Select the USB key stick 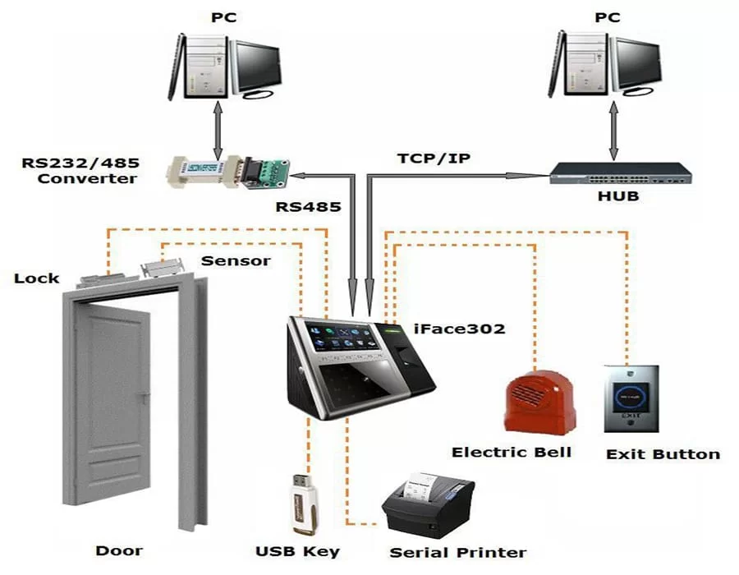[x=301, y=503]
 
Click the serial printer [x=427, y=505]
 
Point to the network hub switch [x=611, y=173]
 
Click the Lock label [x=37, y=278]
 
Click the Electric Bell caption [x=512, y=453]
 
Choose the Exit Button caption [x=662, y=454]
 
